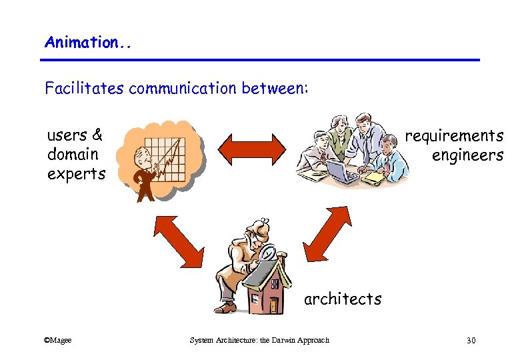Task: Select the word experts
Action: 76,175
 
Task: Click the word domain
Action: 73,155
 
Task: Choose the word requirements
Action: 454,136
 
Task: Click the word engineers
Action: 467,155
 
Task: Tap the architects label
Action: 343,299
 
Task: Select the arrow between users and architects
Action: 177,240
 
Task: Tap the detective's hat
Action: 257,227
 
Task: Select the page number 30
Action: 471,341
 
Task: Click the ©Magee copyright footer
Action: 57,341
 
